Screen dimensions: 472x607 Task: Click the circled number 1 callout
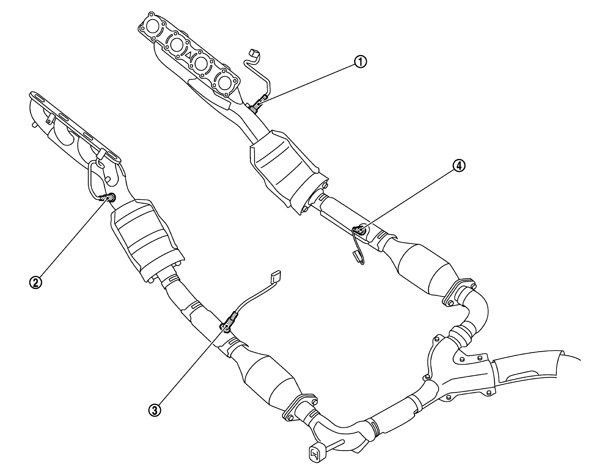click(360, 61)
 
